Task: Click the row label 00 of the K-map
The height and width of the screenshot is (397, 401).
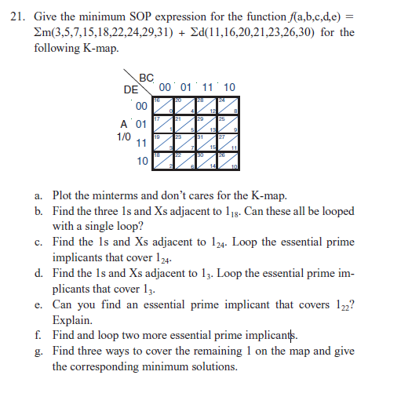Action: (142, 106)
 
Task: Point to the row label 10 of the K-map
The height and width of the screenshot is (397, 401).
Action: (142, 161)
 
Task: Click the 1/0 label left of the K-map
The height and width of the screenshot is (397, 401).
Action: (123, 136)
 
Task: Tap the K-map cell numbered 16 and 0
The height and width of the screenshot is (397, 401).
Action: (163, 105)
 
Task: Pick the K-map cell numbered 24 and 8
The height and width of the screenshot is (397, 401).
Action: (229, 105)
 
